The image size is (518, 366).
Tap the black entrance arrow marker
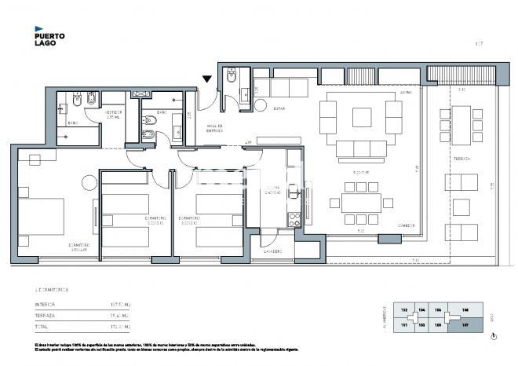coord(206,79)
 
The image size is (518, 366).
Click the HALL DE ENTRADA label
coord(214,128)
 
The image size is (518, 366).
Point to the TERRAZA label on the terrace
coord(461,159)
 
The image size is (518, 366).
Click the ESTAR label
coord(279,109)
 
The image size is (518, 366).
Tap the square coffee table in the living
coord(362,117)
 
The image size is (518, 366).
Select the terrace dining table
coord(467,123)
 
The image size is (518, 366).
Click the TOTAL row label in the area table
coord(41,326)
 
